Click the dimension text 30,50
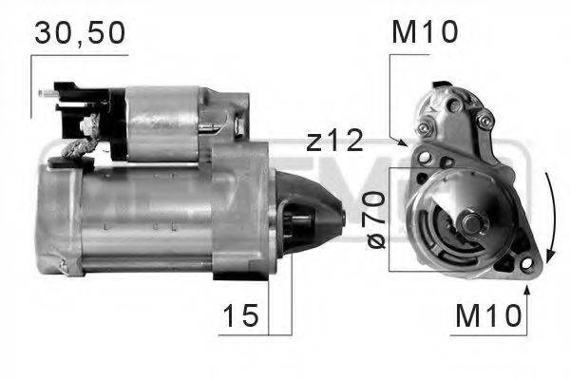(80, 34)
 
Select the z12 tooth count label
(334, 142)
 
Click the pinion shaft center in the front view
(472, 223)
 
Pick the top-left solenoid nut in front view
(426, 126)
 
